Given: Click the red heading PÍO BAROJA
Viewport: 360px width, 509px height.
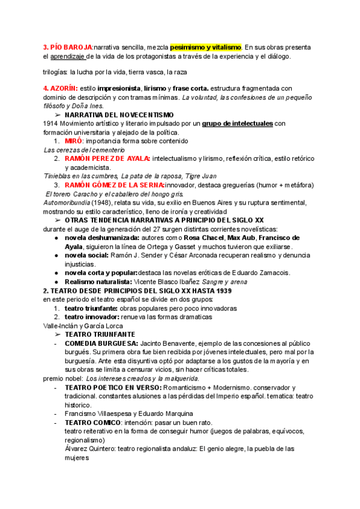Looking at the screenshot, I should [68, 47].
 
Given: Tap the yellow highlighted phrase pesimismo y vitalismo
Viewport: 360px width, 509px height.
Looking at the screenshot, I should [205, 47].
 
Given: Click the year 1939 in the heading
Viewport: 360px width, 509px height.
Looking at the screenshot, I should [221, 291].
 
